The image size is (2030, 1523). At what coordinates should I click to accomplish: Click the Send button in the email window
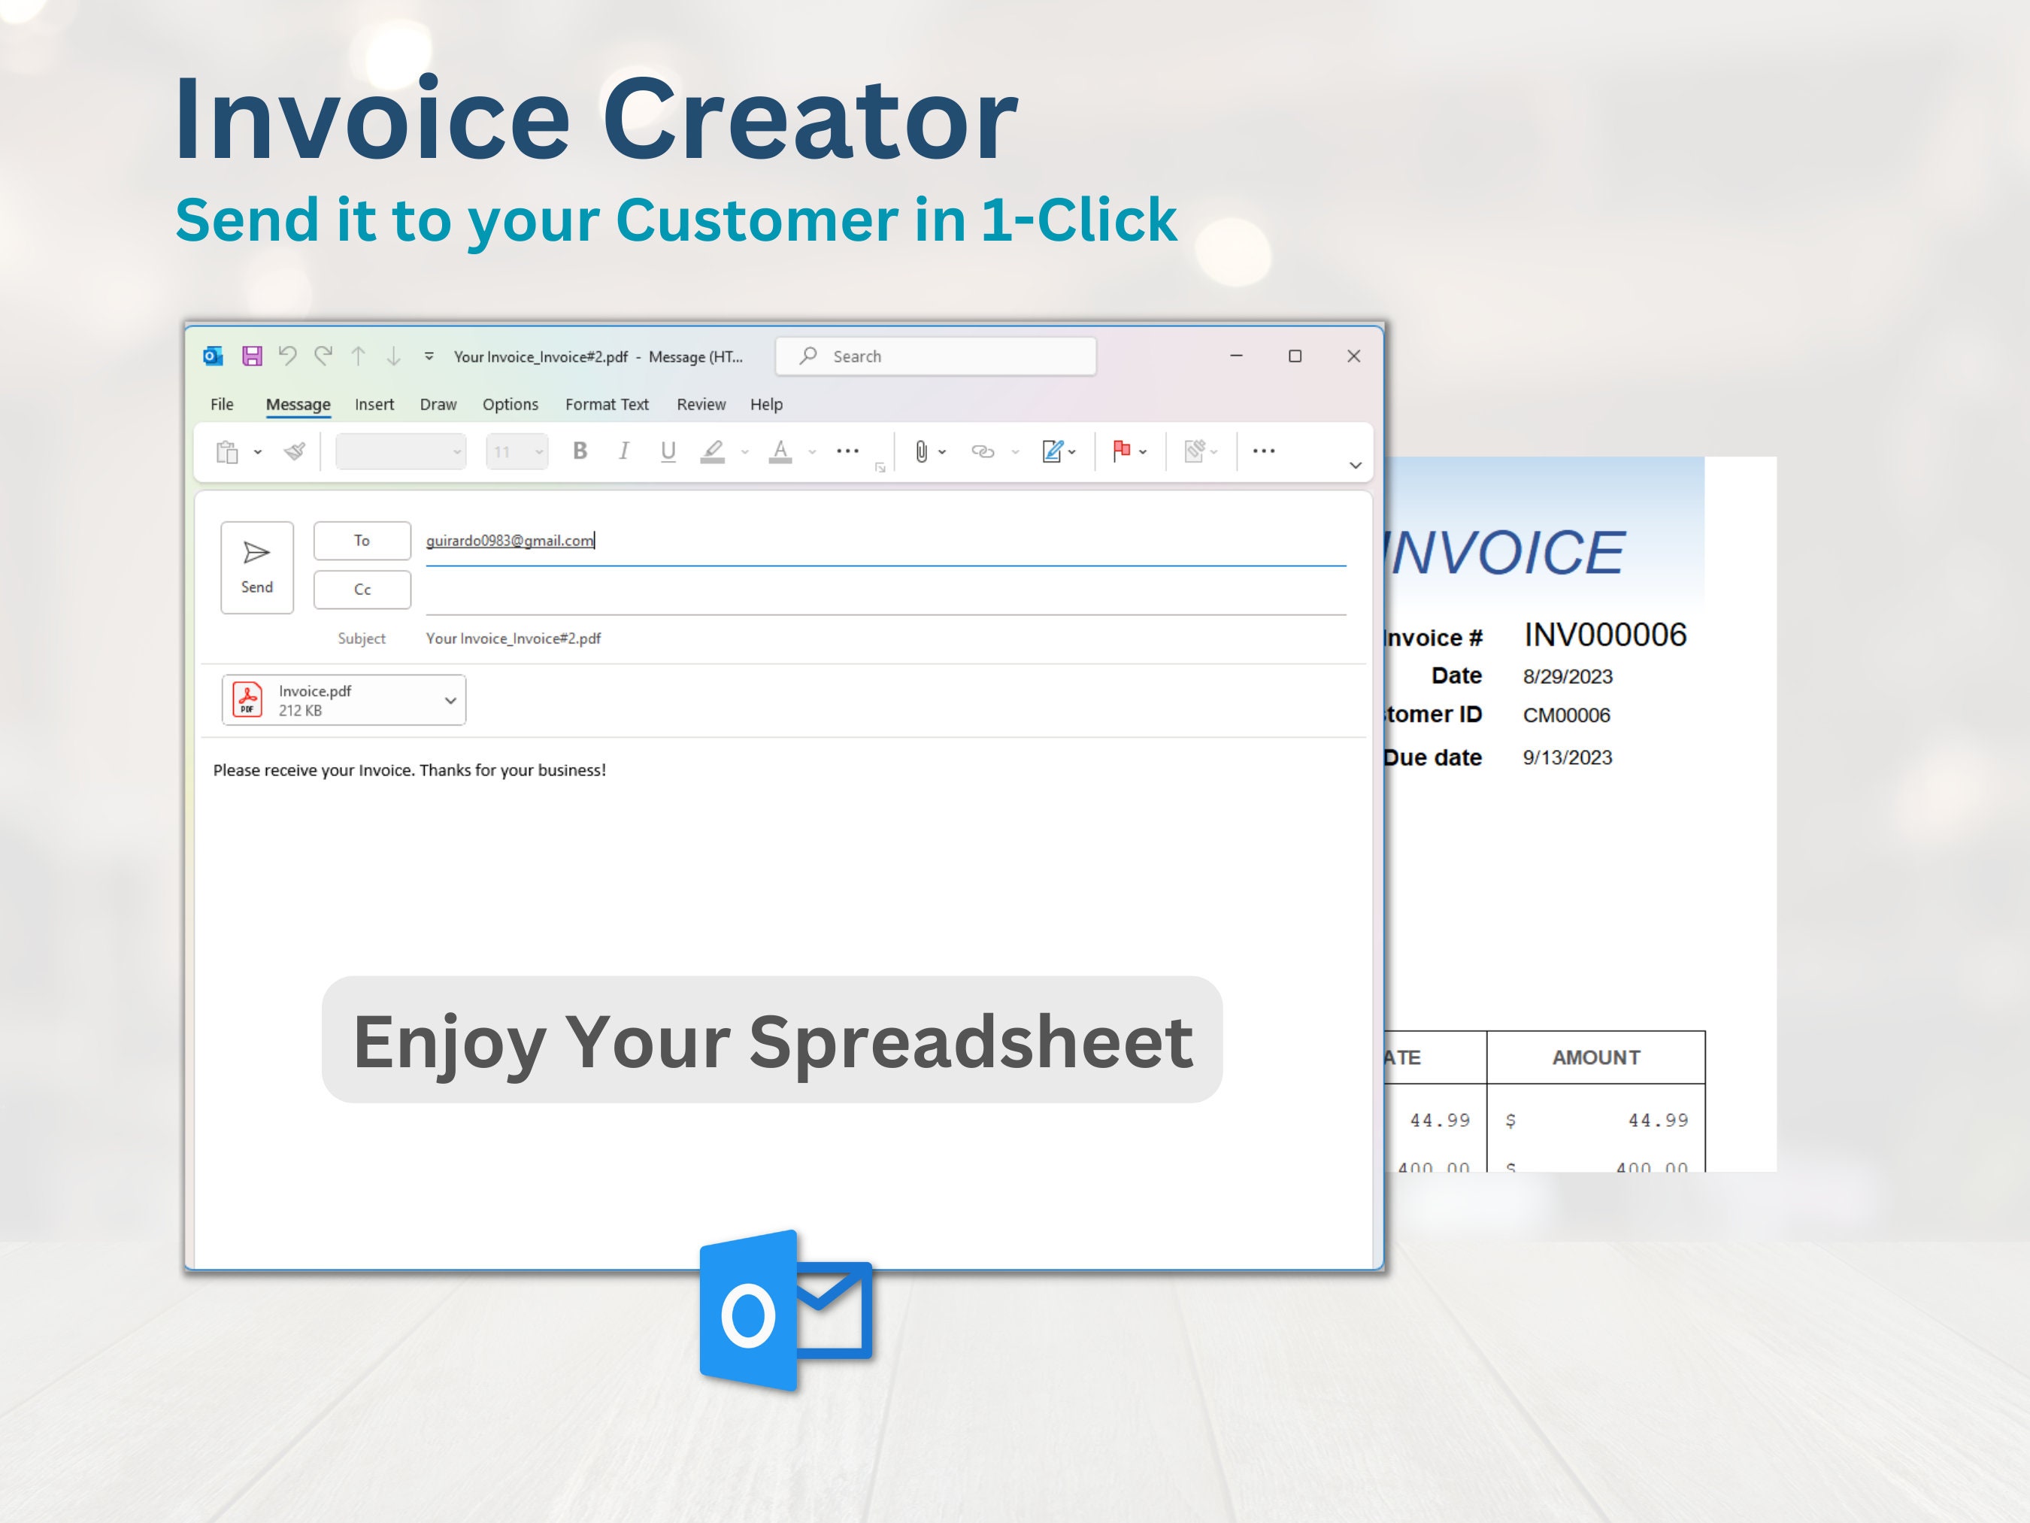[257, 566]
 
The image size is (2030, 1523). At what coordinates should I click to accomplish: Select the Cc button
[362, 590]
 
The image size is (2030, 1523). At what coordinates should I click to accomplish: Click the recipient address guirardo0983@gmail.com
[509, 541]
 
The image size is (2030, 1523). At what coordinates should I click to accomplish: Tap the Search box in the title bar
[936, 356]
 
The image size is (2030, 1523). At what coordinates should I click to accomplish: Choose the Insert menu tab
[374, 405]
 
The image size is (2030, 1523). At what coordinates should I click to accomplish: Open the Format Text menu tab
[607, 405]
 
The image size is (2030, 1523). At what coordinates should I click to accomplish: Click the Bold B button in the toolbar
[580, 451]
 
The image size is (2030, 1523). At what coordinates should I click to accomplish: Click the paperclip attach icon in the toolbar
[920, 451]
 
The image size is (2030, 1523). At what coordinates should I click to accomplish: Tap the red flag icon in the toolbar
[1120, 451]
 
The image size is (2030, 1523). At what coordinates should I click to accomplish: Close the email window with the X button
[1353, 356]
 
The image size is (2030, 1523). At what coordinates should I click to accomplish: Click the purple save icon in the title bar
[251, 356]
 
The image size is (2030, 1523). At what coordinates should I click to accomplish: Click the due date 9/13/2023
[1568, 757]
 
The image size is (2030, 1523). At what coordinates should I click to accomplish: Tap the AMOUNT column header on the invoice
[1596, 1057]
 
